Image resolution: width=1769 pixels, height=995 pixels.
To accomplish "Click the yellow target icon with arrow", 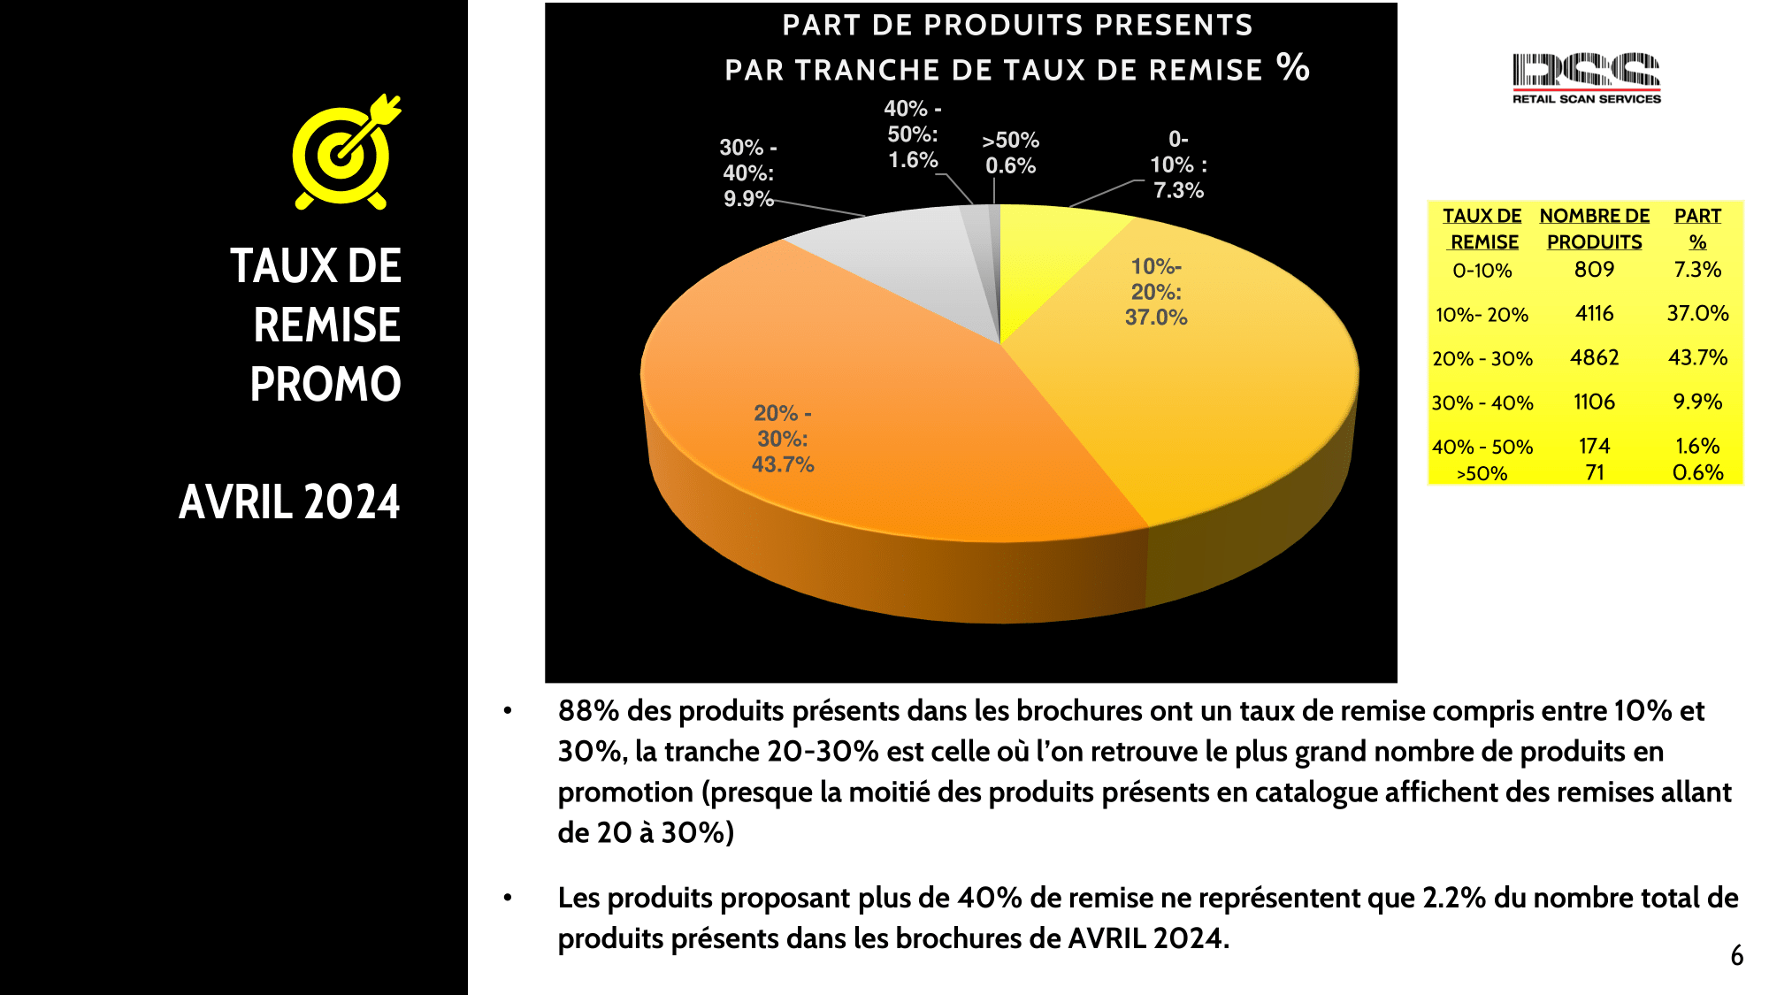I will coord(345,153).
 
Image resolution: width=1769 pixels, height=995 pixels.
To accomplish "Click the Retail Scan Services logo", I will coord(1586,78).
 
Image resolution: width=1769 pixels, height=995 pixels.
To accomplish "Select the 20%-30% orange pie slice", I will coord(884,425).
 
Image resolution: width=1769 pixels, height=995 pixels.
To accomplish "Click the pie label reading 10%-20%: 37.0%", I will coord(1156,292).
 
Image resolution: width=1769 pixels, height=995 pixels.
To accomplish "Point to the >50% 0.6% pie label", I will coord(1011,153).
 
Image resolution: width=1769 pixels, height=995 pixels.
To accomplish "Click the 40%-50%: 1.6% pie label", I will coord(913,134).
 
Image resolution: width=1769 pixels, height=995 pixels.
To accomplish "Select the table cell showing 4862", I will coord(1594,357).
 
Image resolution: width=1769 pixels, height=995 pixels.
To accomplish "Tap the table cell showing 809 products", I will coord(1594,269).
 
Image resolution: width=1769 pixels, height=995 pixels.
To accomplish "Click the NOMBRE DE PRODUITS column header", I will coord(1594,228).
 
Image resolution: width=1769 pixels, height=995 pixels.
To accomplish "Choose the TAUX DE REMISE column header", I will coord(1482,228).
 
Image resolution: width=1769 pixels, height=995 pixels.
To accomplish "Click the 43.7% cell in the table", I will coord(1697,357).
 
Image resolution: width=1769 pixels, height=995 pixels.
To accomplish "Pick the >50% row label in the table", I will coord(1482,473).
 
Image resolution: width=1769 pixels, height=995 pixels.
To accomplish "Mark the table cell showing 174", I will coord(1594,446).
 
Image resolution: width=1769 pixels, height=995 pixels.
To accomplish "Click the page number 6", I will coord(1736,955).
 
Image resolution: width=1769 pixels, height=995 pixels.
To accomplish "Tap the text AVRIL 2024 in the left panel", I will coord(289,502).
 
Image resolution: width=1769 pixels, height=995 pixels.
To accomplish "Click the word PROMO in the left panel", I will coord(325,384).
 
